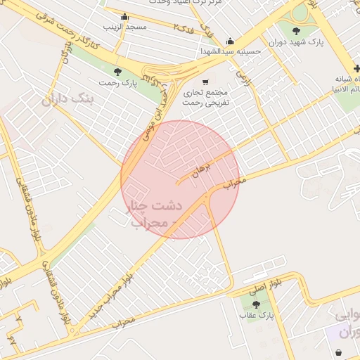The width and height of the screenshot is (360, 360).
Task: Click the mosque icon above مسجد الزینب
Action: coord(125,17)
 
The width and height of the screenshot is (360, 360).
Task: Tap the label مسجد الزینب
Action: coord(125,27)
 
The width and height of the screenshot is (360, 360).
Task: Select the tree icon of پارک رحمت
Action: coord(117,72)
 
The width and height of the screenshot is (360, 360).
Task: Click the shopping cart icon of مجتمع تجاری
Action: coord(205,81)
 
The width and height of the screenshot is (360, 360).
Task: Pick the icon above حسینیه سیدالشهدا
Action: coord(230,41)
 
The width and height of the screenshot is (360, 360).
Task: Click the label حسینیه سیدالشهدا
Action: coord(231,51)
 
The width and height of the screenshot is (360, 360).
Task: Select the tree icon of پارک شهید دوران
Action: coord(296,31)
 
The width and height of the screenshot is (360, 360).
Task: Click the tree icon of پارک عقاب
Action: coord(255,304)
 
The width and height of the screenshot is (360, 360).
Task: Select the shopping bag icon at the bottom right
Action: coord(341,352)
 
